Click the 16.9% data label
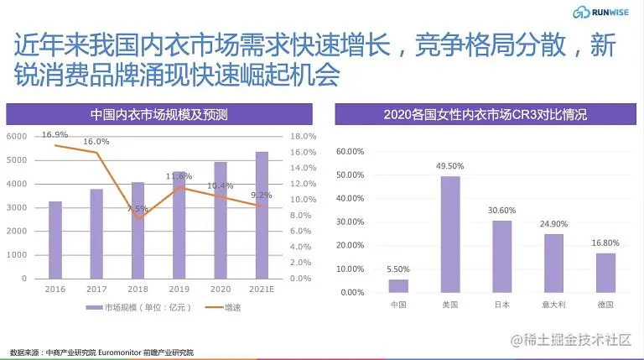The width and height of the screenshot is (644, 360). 55,134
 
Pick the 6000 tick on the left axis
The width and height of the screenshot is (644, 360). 17,136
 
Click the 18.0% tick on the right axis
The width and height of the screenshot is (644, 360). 303,136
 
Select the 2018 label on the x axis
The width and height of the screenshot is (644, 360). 138,288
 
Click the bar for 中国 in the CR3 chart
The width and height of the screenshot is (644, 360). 399,285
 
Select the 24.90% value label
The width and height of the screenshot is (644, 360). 554,224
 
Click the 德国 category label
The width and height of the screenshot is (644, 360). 605,304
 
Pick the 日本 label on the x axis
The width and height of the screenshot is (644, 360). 502,304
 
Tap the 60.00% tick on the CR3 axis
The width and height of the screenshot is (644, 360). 350,152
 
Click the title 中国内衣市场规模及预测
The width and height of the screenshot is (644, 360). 159,114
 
